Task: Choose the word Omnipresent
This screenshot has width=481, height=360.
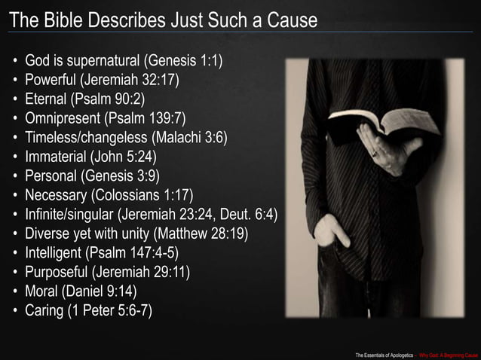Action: coord(63,118)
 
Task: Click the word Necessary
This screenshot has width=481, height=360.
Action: coord(57,196)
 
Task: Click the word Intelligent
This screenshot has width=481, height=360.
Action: coord(54,254)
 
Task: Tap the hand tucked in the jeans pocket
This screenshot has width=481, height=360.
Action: coord(329,230)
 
